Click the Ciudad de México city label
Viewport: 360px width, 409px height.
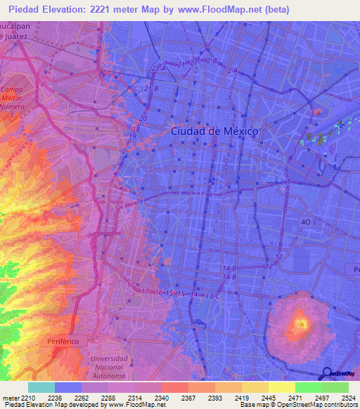click(214, 131)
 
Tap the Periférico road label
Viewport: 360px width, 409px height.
click(73, 339)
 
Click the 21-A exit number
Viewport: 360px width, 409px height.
click(158, 68)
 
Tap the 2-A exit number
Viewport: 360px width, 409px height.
click(233, 71)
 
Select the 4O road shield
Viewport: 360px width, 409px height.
click(305, 221)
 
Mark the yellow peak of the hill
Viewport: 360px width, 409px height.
click(301, 323)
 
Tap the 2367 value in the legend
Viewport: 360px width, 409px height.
click(188, 397)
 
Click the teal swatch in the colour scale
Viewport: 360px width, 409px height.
click(41, 387)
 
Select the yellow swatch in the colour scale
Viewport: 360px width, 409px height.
click(281, 387)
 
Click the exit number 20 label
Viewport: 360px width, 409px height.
click(143, 119)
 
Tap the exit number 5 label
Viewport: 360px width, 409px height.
click(295, 149)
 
